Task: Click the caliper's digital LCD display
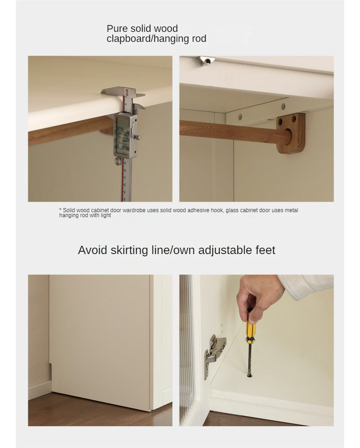[x=122, y=136]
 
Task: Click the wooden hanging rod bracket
[x=290, y=133]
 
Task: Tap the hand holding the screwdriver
[x=259, y=297]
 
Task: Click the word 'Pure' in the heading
[x=117, y=29]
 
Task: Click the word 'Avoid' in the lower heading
[x=93, y=250]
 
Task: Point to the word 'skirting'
[x=129, y=250]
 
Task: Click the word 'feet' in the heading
[x=265, y=250]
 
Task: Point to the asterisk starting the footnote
[x=60, y=209]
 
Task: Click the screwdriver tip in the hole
[x=250, y=376]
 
